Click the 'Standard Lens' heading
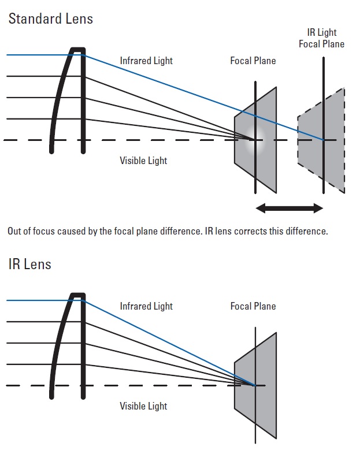click(x=50, y=18)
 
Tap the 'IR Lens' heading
click(x=29, y=265)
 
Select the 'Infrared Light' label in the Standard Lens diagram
click(x=146, y=61)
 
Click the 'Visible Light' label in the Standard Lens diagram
click(x=143, y=161)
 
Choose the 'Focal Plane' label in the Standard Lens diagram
click(x=253, y=61)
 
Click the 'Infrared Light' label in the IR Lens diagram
click(x=146, y=306)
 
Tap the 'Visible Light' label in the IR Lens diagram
click(x=143, y=406)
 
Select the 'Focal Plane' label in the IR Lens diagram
click(x=253, y=306)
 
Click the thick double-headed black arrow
click(x=289, y=207)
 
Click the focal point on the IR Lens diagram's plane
click(x=255, y=385)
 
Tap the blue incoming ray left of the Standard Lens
click(x=35, y=55)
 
